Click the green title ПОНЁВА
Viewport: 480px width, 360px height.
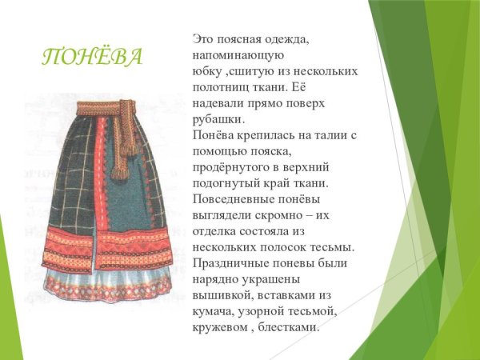92,57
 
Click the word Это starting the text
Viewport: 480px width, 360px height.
204,39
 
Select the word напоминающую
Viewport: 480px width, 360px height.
239,54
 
